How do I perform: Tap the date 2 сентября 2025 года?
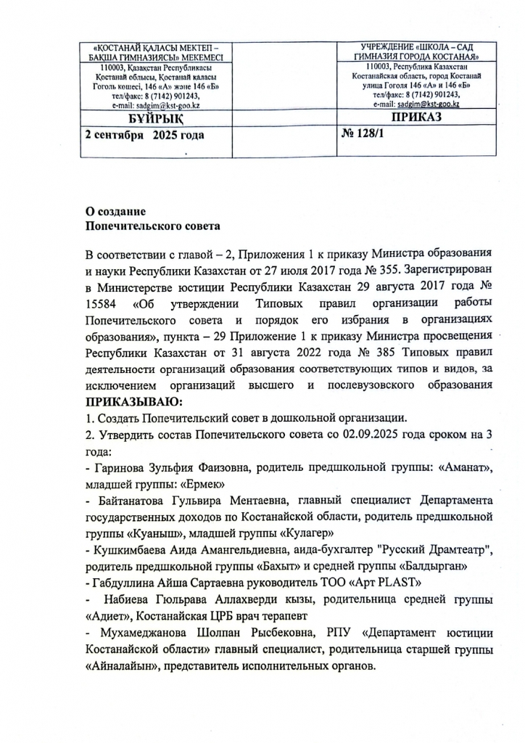coord(144,135)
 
